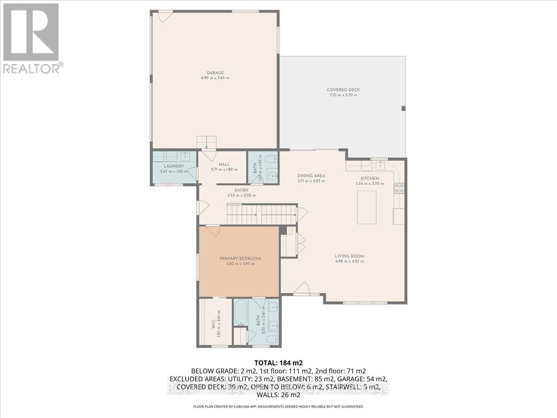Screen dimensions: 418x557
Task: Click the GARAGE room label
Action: pos(215,72)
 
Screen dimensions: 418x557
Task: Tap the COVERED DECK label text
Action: pos(343,90)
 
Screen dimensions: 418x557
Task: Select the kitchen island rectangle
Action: pos(366,207)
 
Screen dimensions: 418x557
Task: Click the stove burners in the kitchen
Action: pos(399,188)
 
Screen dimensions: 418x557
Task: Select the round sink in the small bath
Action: pos(273,176)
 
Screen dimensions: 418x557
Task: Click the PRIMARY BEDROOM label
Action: pos(240,259)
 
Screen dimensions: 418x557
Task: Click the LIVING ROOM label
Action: pos(350,256)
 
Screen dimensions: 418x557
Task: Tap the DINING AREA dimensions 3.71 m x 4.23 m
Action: pos(311,181)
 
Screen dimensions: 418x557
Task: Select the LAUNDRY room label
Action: pos(174,166)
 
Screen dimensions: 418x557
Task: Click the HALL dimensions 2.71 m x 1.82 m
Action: pos(225,170)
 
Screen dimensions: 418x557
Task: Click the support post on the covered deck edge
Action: pos(403,108)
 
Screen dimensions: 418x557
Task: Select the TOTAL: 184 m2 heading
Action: pos(278,362)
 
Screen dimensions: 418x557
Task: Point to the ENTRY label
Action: pos(241,190)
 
